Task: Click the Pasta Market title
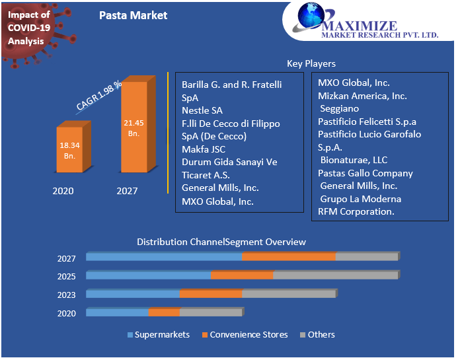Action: coord(133,15)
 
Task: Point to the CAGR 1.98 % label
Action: coord(99,96)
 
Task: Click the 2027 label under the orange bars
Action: coord(127,191)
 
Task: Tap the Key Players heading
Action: coord(311,64)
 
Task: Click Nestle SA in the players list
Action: coord(202,110)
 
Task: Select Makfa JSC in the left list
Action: coord(204,149)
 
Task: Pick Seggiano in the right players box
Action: coord(340,108)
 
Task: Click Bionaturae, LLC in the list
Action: coord(354,160)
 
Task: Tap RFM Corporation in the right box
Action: coord(356,211)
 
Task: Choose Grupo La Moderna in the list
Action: coord(360,199)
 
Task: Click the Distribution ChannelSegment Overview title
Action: coord(221,242)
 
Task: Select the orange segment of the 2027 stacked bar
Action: coord(288,256)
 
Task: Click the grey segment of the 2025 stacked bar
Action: coord(335,275)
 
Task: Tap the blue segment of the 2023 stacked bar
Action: coord(133,293)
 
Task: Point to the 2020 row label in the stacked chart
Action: coord(66,314)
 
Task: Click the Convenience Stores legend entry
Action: coord(245,335)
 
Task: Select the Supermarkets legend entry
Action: coord(159,335)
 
